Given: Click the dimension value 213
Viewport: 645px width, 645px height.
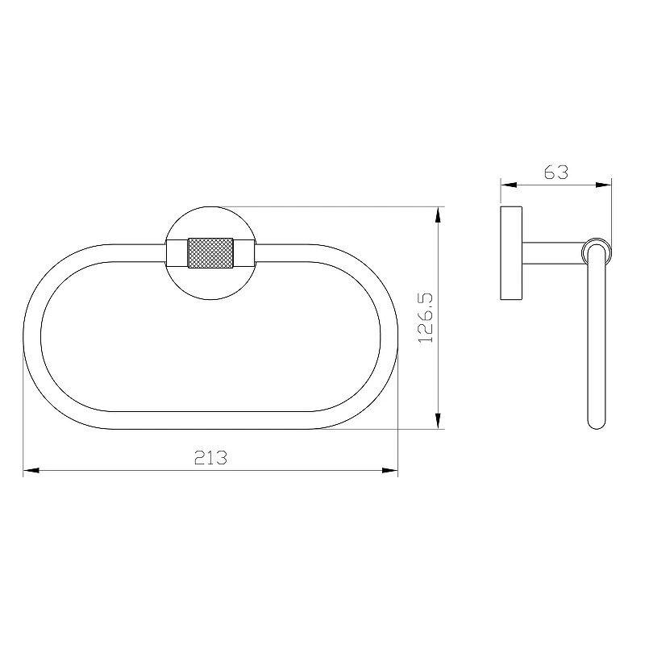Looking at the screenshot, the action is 210,457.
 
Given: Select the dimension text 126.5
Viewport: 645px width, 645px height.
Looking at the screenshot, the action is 426,318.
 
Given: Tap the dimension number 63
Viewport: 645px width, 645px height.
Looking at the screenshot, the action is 556,172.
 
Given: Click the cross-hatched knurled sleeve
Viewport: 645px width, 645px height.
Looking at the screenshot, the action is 210,253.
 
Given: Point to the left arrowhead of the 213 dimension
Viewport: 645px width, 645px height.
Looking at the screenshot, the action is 31,470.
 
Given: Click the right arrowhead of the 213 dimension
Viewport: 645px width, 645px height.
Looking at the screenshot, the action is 390,470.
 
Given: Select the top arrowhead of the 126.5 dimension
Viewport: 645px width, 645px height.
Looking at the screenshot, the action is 438,214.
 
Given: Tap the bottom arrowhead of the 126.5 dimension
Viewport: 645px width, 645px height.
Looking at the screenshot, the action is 438,421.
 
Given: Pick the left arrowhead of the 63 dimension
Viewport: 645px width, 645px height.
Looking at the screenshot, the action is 509,185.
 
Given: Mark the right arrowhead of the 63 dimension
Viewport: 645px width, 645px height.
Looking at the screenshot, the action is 603,185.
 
